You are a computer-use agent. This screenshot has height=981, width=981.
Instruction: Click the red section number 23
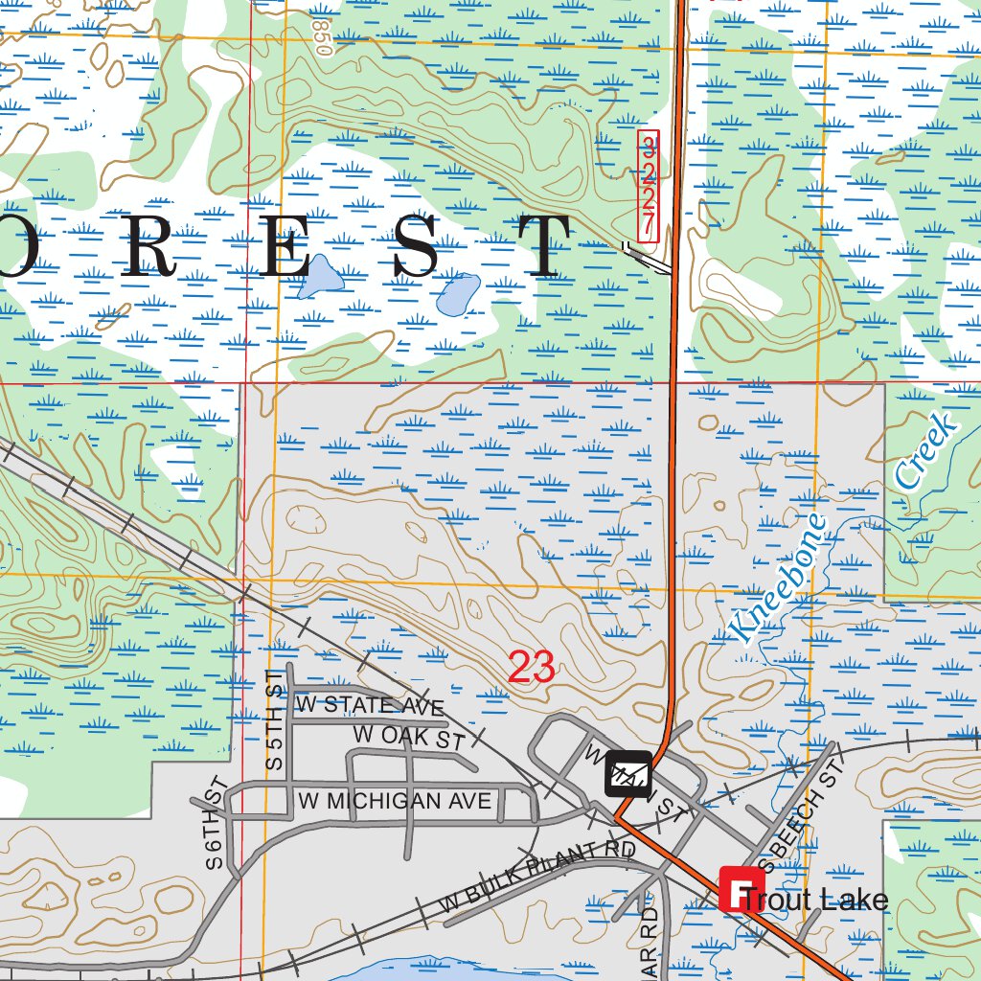(531, 667)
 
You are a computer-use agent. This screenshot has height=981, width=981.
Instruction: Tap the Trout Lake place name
(815, 900)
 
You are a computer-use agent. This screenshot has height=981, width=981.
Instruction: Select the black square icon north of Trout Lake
(627, 773)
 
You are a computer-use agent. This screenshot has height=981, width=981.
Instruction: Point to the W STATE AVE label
(370, 706)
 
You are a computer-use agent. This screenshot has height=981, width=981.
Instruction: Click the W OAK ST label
(408, 738)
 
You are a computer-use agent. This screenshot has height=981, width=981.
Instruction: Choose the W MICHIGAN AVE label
(394, 800)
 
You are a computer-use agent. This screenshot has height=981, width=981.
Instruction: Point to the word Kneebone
(776, 578)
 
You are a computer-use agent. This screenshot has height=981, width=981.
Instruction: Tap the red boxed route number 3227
(649, 186)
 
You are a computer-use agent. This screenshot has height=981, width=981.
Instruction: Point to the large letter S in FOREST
(418, 247)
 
